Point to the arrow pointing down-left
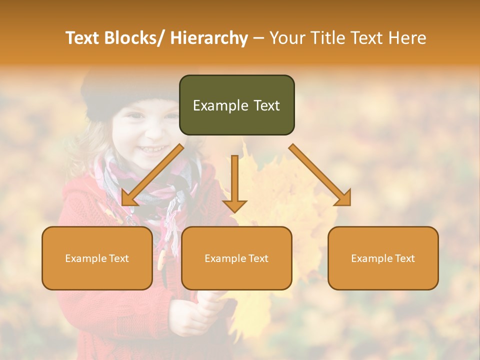[x=152, y=175]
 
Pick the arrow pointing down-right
[x=320, y=175]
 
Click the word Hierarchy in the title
[x=209, y=38]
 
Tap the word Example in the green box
[x=220, y=106]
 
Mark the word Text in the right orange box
[x=404, y=258]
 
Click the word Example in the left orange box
[x=85, y=258]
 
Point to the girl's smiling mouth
[x=152, y=149]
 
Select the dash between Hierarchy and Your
[x=258, y=38]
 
